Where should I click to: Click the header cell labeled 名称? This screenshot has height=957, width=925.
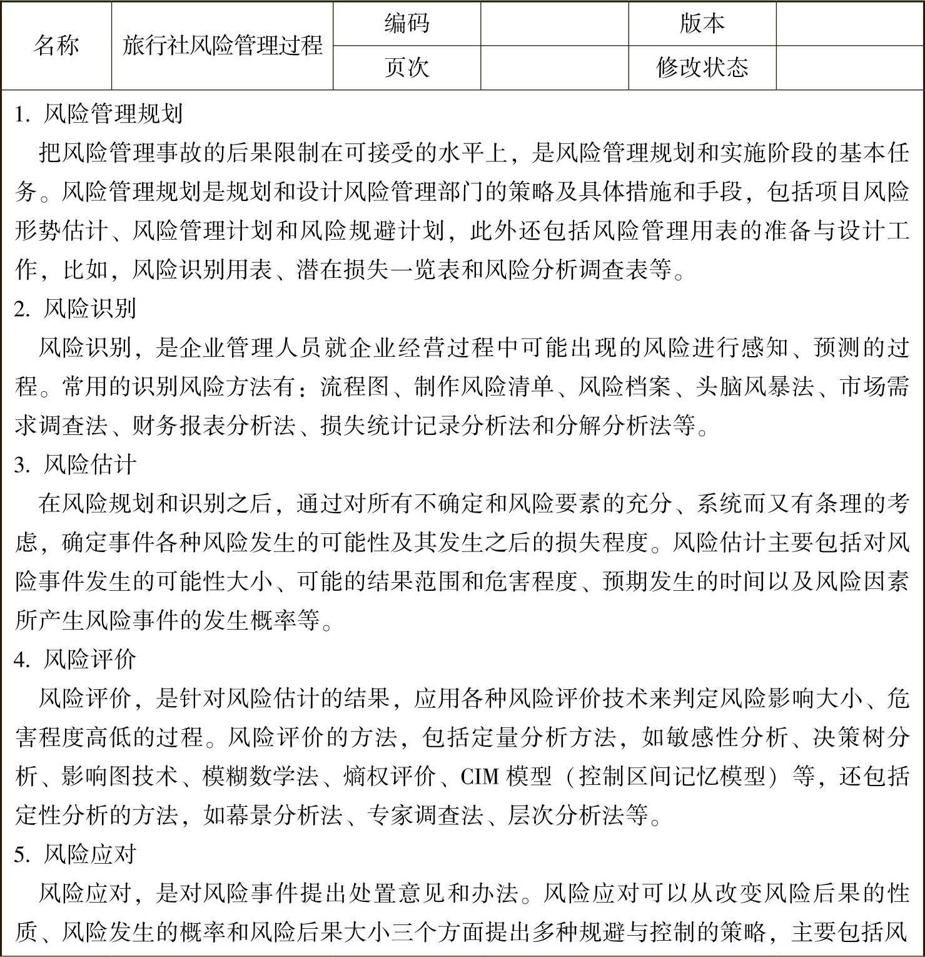tap(56, 46)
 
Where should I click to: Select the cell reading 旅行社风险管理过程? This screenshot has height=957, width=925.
tap(222, 46)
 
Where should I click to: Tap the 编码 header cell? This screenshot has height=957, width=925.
tap(407, 24)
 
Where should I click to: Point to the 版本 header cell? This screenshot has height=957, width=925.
tap(702, 24)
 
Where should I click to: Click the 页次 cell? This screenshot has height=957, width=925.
tap(407, 67)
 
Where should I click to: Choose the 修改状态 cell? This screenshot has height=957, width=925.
tap(702, 67)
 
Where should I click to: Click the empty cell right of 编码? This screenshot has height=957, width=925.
tap(554, 24)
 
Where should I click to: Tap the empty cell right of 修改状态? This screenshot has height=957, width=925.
tap(850, 67)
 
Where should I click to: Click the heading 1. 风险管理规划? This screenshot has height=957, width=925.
tap(99, 114)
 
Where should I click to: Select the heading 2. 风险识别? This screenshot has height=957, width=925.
tap(76, 309)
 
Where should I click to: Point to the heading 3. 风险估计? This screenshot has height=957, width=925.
tap(76, 464)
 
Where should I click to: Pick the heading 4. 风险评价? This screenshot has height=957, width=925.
tap(76, 660)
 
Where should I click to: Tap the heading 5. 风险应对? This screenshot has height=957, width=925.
tap(76, 854)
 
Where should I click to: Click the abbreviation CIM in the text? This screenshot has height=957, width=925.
tap(480, 777)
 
